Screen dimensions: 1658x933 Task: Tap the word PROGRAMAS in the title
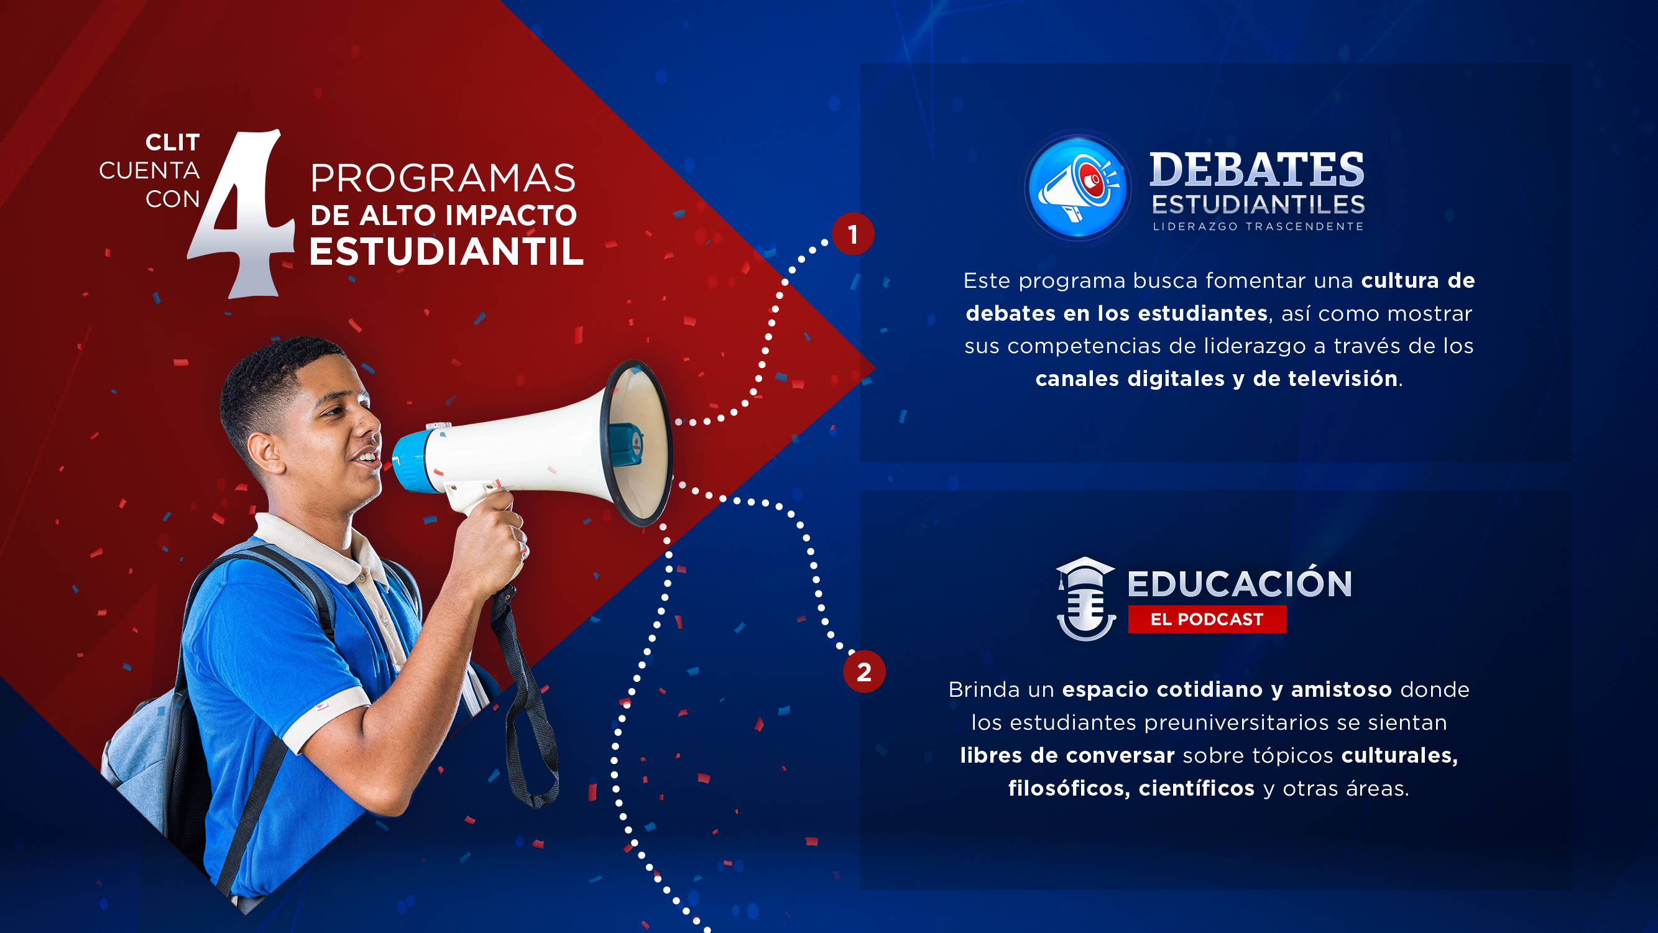[x=443, y=178]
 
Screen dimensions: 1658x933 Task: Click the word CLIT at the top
[x=172, y=142]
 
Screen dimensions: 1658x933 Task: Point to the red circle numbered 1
[x=853, y=234]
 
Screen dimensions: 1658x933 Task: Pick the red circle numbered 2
[x=864, y=672]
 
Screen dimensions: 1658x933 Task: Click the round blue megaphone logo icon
[x=1078, y=188]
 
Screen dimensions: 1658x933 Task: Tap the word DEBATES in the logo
[x=1256, y=170]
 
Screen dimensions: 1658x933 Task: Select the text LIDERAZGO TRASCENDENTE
[x=1258, y=226]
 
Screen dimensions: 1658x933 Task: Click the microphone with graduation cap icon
[x=1086, y=599]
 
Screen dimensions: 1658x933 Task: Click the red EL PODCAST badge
[x=1207, y=619]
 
